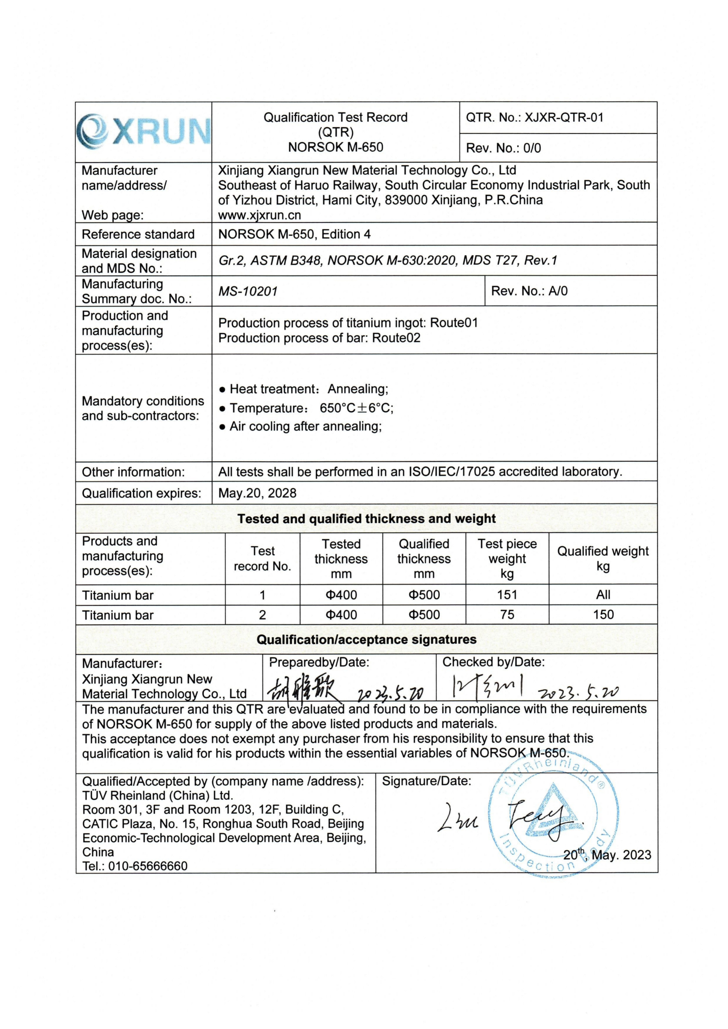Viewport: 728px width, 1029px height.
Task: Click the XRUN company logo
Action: click(143, 132)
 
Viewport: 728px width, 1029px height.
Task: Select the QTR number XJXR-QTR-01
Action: click(564, 117)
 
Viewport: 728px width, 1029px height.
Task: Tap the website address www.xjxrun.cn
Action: click(259, 215)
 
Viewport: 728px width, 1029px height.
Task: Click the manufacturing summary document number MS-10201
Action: click(248, 291)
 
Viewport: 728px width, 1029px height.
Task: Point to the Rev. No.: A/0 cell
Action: click(529, 291)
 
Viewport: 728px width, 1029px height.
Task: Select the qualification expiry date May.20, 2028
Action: click(257, 493)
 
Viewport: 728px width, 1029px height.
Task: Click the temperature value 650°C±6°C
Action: click(356, 408)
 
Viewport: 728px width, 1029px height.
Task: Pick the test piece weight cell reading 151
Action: click(507, 595)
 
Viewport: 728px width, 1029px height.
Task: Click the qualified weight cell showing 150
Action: click(603, 615)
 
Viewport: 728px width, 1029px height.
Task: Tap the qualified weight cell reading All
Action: click(603, 595)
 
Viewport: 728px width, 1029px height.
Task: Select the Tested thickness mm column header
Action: click(341, 559)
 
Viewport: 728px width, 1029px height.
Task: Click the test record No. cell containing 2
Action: click(262, 615)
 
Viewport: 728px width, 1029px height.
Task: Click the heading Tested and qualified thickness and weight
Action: click(366, 519)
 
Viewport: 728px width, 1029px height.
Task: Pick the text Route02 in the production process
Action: click(396, 338)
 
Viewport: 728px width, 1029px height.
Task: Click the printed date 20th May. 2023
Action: click(607, 855)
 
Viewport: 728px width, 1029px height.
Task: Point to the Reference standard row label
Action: click(138, 234)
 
